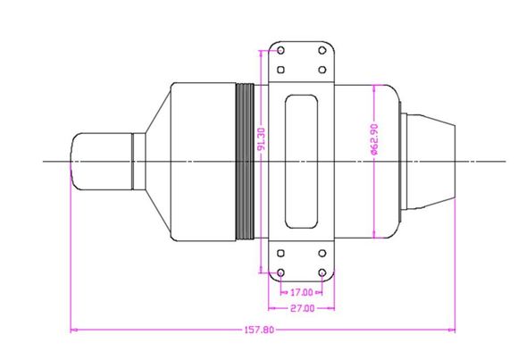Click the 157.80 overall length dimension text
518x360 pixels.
(x=259, y=330)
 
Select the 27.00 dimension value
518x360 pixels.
(x=302, y=308)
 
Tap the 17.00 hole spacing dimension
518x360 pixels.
(x=301, y=292)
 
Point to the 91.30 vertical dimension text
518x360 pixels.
(x=262, y=139)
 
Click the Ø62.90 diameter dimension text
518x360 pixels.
(x=374, y=139)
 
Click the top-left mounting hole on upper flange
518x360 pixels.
(x=280, y=51)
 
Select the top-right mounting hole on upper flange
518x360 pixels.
(x=322, y=51)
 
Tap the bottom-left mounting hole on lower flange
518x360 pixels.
(x=280, y=273)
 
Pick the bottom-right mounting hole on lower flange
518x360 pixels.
(x=322, y=273)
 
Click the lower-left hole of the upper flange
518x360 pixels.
(x=280, y=70)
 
